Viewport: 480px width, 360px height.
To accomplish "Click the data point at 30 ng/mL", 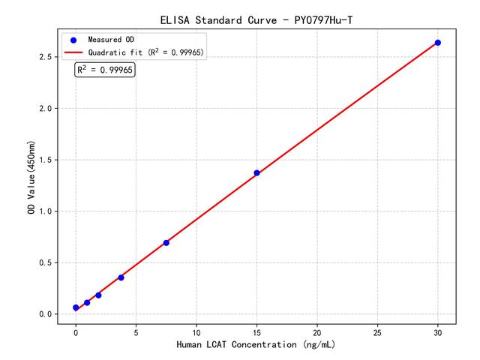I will point(438,43).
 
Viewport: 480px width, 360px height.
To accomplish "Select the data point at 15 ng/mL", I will point(256,173).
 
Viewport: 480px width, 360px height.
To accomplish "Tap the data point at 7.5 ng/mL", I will point(166,243).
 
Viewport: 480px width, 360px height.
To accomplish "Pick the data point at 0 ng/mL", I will point(76,307).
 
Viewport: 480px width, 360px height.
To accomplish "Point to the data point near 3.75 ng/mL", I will point(121,277).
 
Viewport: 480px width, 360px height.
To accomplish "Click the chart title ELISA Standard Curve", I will point(256,19).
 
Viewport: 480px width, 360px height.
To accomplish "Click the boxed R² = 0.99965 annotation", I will point(105,70).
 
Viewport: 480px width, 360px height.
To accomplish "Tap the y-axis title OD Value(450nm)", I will point(31,178).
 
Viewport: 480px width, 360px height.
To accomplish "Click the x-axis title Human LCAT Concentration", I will point(256,345).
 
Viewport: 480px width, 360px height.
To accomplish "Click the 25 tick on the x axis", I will point(378,331).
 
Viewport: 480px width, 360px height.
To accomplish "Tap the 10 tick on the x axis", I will point(196,331).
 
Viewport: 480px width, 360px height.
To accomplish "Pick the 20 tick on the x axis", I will point(317,331).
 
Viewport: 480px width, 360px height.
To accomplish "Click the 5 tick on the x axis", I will point(136,331).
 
